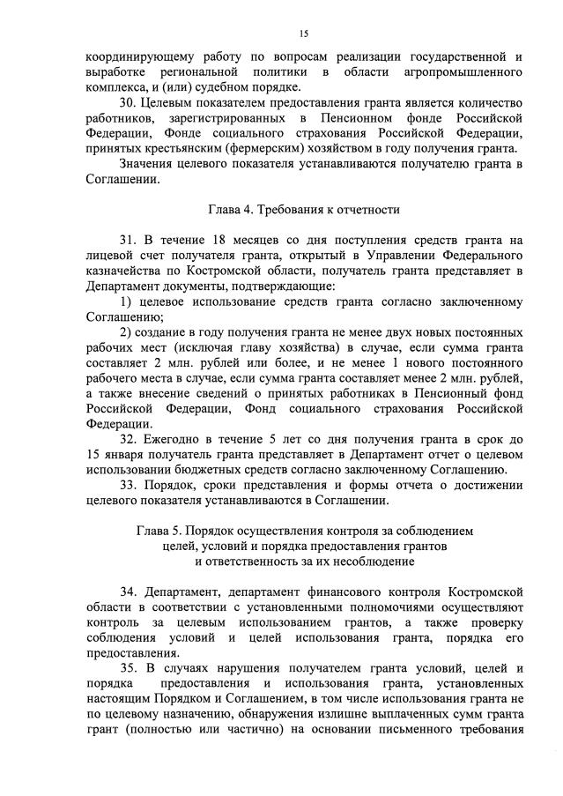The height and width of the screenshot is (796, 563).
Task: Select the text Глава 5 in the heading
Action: point(158,532)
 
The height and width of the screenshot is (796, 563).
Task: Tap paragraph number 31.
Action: point(130,240)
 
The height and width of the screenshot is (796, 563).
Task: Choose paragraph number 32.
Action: point(130,438)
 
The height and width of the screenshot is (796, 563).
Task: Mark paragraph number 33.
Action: point(130,486)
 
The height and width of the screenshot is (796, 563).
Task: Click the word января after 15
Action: point(130,454)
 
